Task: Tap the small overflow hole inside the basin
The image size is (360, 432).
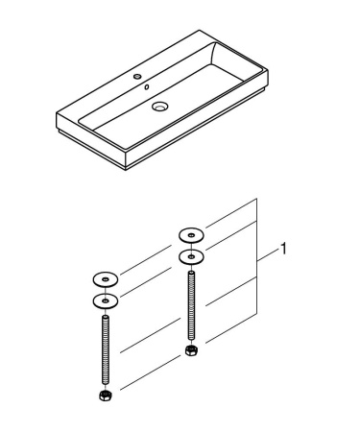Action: (147, 88)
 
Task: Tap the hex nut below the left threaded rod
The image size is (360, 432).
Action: (104, 395)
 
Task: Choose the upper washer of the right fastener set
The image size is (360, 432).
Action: (190, 234)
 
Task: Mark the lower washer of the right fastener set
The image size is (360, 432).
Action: (190, 256)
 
